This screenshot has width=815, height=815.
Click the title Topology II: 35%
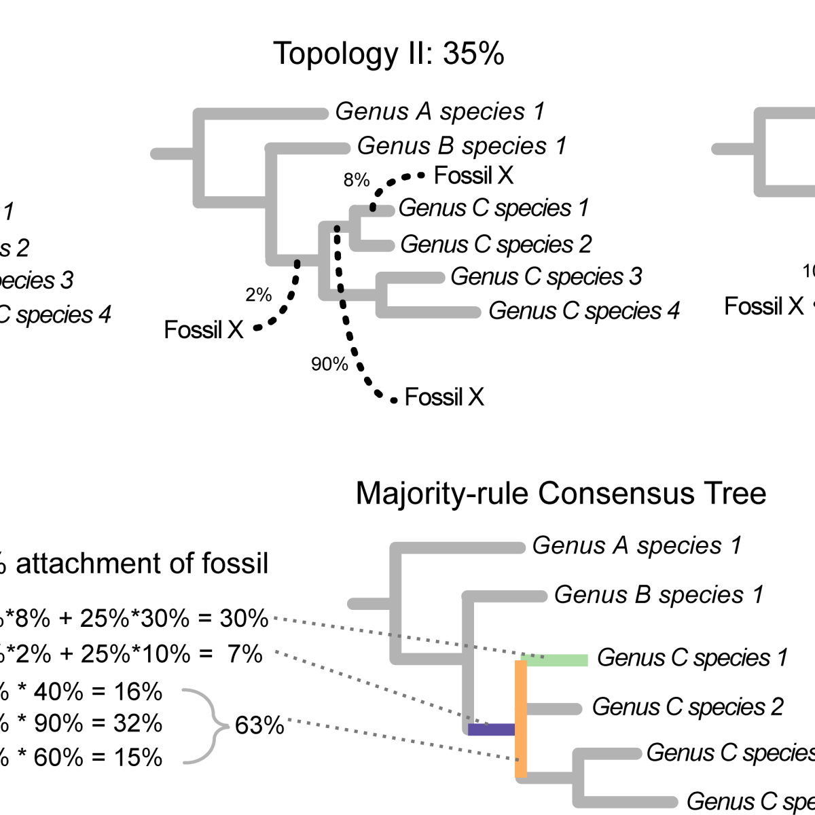coord(388,54)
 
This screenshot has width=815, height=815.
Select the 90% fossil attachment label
coord(329,365)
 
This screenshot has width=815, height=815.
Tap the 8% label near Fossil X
coord(357,180)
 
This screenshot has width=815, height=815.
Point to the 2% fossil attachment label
coord(259,295)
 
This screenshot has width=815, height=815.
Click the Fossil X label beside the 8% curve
coord(473,176)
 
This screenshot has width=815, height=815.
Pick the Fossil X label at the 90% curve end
coord(444,397)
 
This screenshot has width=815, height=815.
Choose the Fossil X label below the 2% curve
coord(204,330)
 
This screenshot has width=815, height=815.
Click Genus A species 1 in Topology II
coord(440,111)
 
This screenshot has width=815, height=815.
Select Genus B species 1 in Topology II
coord(462,145)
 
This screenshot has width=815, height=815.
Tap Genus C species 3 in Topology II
coord(546,276)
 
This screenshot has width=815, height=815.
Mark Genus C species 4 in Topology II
coord(584,311)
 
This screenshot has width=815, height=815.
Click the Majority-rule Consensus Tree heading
coord(561,494)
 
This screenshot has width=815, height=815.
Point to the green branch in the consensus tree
coord(557,660)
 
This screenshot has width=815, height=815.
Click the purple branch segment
coord(491,729)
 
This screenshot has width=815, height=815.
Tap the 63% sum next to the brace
coord(259,725)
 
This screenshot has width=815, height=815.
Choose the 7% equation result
coord(244,653)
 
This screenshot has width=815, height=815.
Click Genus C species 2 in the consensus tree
coord(688,707)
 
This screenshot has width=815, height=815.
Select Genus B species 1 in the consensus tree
coord(659,595)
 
